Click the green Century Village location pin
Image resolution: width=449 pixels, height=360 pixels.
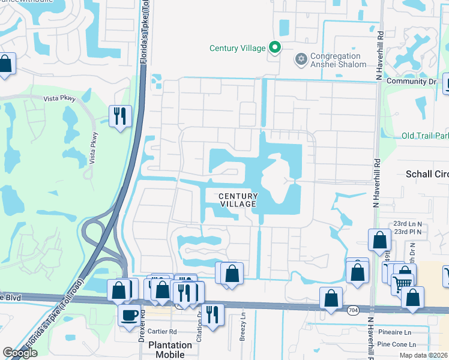coord(275,47)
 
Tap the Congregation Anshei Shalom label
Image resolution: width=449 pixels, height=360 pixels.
coord(338,61)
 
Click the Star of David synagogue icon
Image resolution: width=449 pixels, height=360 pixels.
coord(301,59)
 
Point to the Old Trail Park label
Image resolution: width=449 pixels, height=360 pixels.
coord(424,136)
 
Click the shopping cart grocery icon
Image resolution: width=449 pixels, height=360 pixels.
coord(403,281)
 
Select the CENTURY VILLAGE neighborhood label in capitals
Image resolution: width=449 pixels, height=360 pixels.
coord(238,200)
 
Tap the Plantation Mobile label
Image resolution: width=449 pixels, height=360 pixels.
coord(170,349)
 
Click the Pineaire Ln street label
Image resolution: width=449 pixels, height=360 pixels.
coord(395,332)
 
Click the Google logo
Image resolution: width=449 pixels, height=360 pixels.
coord(20,353)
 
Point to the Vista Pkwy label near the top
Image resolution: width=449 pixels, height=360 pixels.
coord(59,98)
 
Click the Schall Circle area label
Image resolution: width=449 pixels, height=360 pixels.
coord(427,174)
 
